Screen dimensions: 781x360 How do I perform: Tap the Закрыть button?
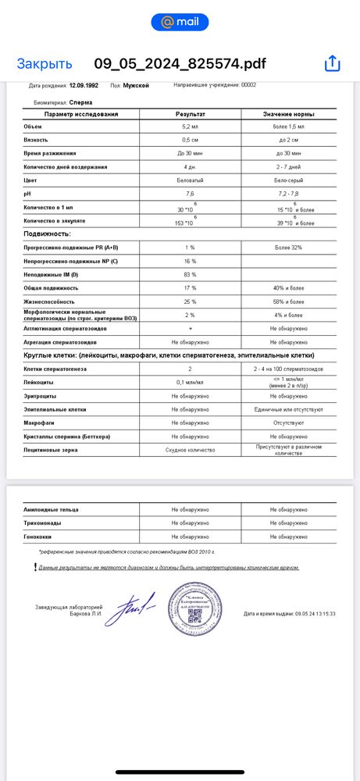[x=45, y=64]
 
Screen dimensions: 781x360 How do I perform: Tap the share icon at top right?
[x=333, y=63]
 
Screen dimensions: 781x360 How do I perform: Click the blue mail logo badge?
[x=180, y=23]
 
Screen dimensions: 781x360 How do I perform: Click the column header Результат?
[x=190, y=115]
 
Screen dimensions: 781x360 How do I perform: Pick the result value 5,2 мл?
[x=190, y=126]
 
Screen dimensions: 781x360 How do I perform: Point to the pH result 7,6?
[x=190, y=194]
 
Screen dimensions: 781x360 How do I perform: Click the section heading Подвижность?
[x=48, y=234]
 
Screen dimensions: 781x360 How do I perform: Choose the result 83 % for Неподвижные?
[x=190, y=274]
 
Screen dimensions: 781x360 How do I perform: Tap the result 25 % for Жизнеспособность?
[x=190, y=301]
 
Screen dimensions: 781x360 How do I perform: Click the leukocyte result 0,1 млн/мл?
[x=190, y=382]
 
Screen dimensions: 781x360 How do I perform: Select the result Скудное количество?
[x=190, y=450]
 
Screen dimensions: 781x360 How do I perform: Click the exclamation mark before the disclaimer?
[x=35, y=566]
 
